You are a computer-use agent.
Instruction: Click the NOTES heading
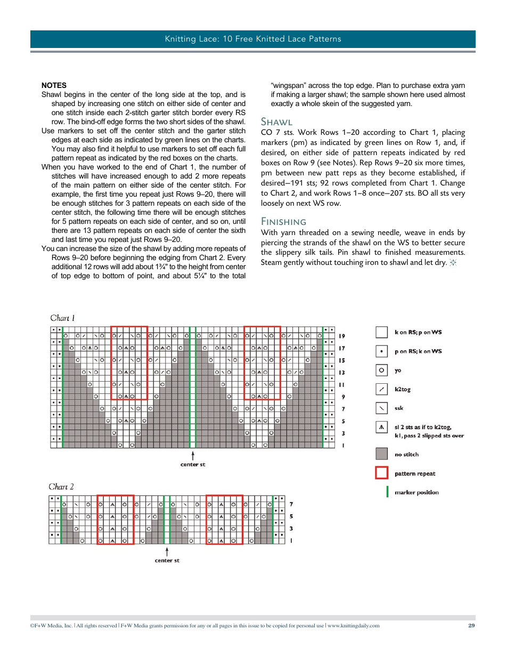[54, 85]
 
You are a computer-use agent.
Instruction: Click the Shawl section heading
[276, 122]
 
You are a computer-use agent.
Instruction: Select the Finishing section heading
[283, 222]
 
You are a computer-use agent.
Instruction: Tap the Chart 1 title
[63, 318]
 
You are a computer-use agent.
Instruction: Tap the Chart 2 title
[61, 487]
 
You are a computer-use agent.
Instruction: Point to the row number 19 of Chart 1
[342, 336]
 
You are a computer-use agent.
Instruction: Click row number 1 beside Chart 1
[343, 445]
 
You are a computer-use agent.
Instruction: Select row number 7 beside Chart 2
[291, 504]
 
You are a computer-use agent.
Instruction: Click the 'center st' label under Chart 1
[192, 465]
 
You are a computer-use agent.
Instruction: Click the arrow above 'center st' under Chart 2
[167, 551]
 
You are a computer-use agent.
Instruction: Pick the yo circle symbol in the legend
[381, 370]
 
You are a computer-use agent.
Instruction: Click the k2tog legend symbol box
[381, 389]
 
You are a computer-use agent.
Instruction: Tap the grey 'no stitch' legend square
[381, 454]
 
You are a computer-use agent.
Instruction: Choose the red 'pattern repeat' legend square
[381, 473]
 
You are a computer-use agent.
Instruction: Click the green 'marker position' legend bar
[387, 492]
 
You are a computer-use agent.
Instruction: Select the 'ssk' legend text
[399, 408]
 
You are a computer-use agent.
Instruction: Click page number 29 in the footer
[471, 626]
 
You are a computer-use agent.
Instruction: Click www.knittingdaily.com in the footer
[354, 626]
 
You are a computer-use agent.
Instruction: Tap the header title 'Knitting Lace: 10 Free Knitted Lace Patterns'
[252, 39]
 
